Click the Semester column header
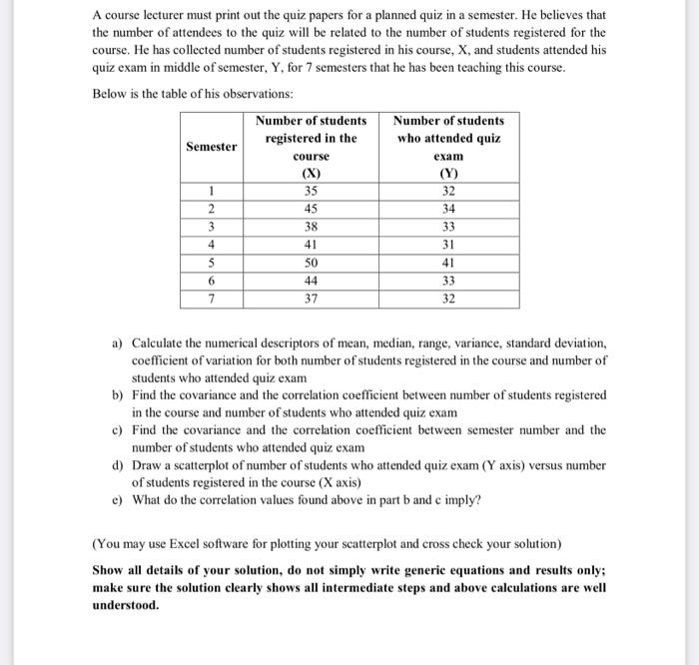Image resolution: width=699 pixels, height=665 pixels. coord(210,147)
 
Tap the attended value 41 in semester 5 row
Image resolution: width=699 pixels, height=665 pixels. coord(448,263)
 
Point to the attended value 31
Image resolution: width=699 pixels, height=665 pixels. coord(448,245)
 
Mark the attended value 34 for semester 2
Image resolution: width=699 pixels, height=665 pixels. coord(448,209)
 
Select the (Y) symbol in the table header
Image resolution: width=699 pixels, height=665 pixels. coord(448,174)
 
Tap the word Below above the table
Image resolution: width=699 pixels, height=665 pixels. coord(110,93)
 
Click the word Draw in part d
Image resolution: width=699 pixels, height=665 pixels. coord(147,464)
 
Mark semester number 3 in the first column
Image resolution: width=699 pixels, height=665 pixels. coord(211,227)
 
